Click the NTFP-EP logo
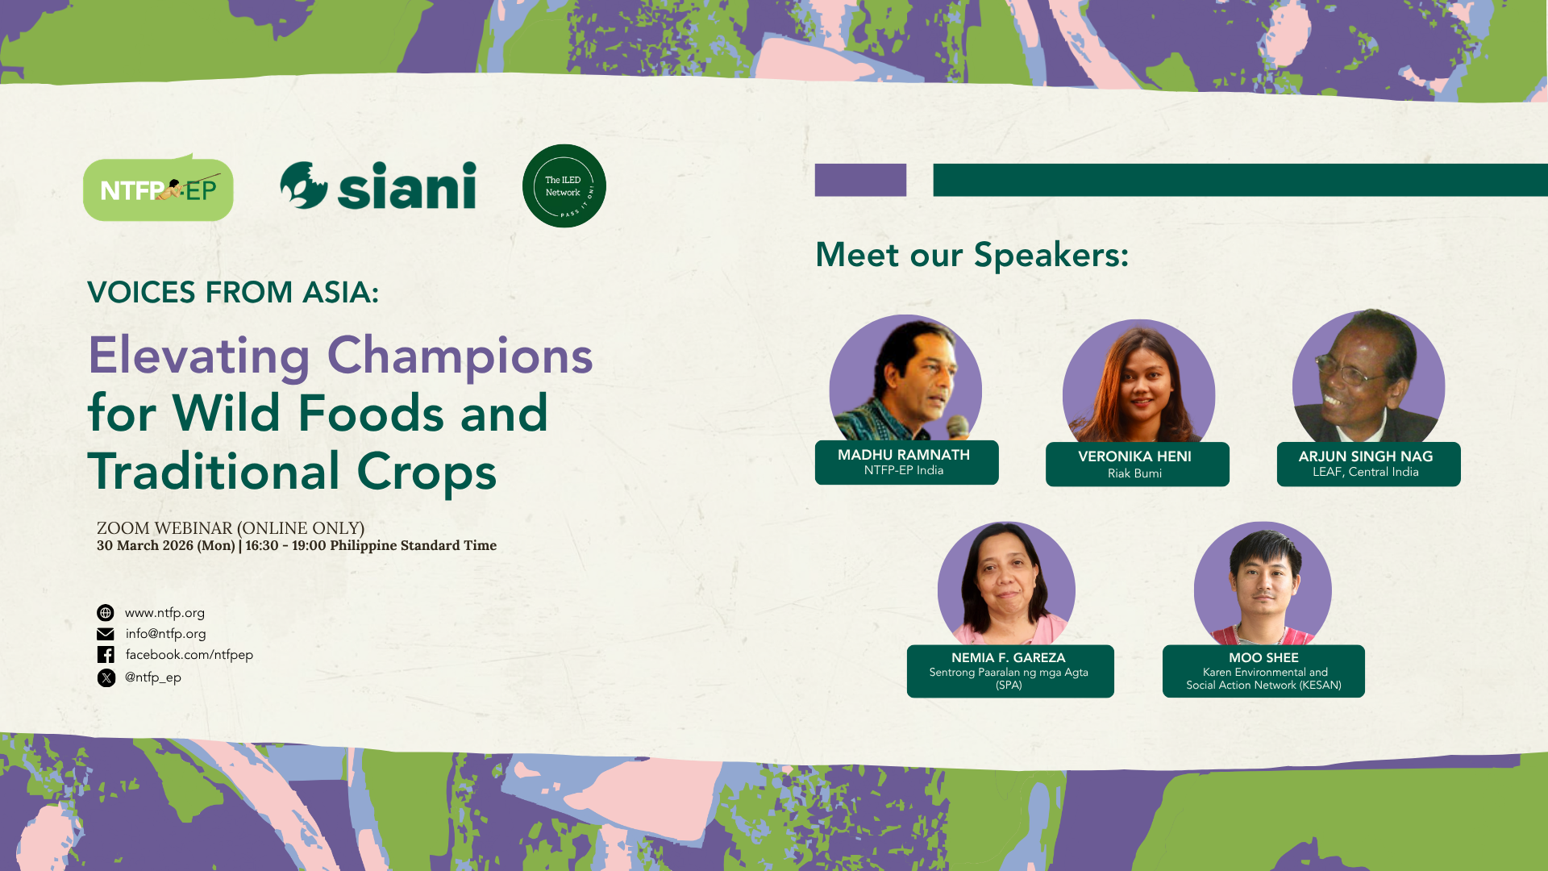point(158,188)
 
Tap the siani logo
point(378,185)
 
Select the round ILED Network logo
point(564,185)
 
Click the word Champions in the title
point(460,356)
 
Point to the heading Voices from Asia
point(233,292)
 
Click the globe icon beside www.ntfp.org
point(106,613)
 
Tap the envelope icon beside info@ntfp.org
point(106,634)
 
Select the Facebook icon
point(106,655)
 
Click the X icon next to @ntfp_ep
point(106,677)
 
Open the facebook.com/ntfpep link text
point(189,655)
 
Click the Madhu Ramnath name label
point(906,462)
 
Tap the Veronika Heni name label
point(1137,464)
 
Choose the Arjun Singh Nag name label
point(1368,464)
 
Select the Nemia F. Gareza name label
point(1010,671)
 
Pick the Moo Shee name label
point(1263,671)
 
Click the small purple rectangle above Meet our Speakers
point(860,180)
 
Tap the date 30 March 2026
point(145,546)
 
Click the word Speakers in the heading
point(1051,256)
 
